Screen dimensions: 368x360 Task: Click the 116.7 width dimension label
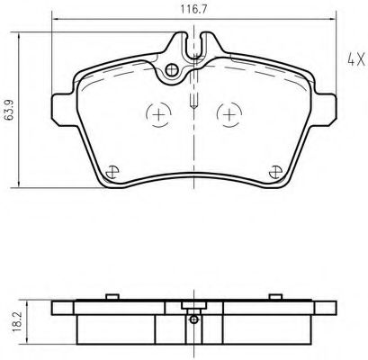(193, 9)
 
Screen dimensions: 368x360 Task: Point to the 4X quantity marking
(356, 59)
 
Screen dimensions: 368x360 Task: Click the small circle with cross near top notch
(172, 70)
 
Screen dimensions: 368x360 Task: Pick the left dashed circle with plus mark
(158, 114)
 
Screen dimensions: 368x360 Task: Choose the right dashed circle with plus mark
(229, 114)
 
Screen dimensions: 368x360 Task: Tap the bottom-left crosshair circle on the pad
(112, 172)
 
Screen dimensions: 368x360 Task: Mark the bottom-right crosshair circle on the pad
(275, 172)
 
